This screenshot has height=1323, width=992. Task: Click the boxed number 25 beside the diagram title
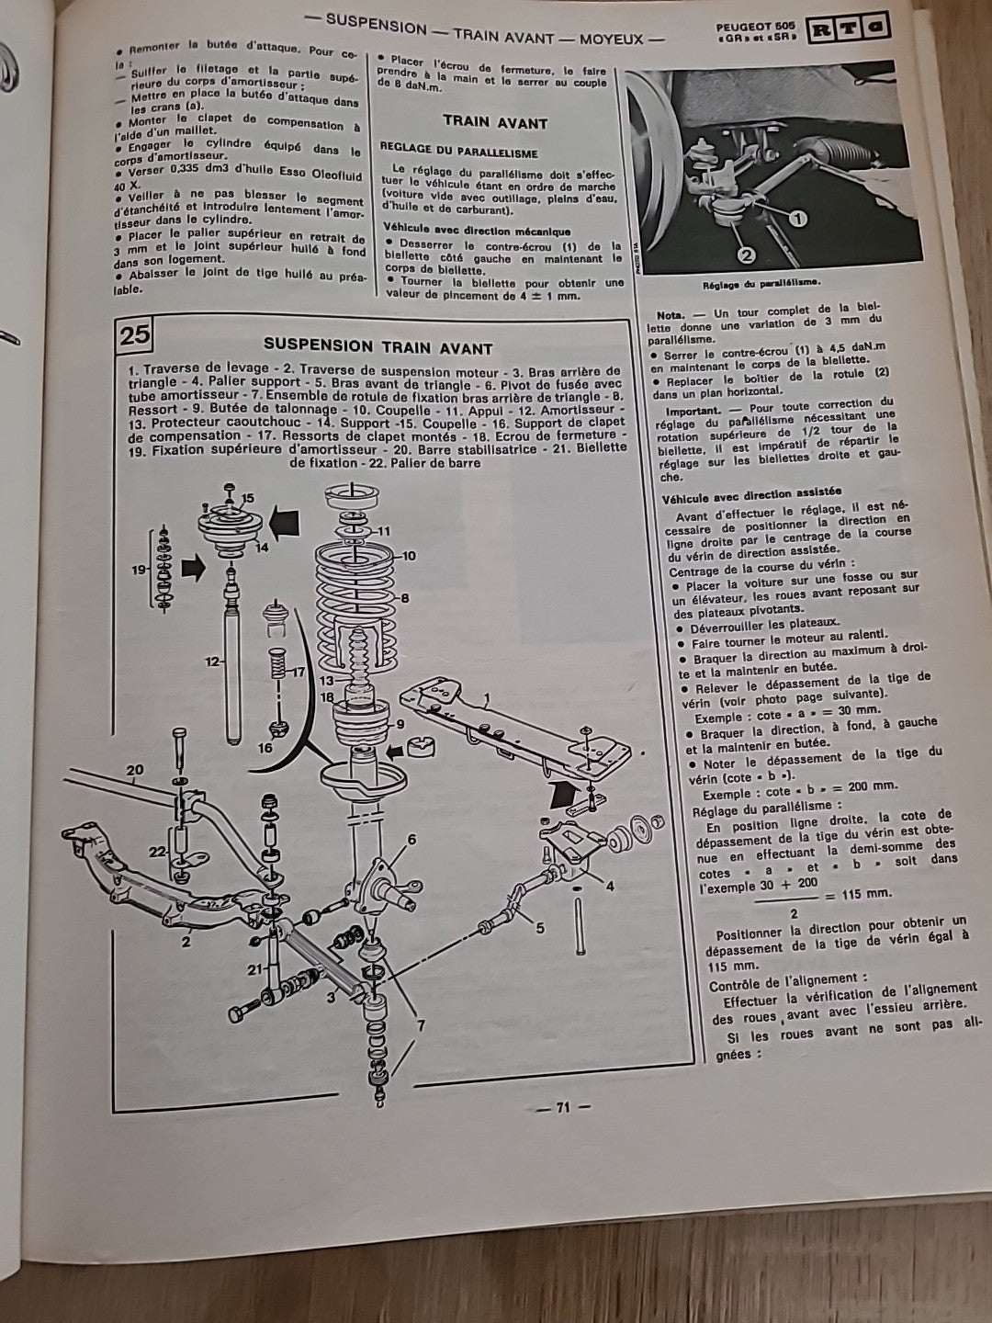point(134,335)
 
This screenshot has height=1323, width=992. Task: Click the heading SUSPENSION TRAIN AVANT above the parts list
point(378,347)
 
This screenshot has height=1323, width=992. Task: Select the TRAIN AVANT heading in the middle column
point(494,122)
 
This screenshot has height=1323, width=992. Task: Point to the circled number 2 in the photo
point(746,254)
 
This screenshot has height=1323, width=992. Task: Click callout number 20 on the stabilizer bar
point(135,769)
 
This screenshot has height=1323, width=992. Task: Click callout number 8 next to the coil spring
point(404,598)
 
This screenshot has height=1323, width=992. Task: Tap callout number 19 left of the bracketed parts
point(140,571)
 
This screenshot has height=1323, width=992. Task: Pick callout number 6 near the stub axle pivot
point(411,839)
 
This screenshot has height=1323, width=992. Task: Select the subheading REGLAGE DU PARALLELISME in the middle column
point(459,153)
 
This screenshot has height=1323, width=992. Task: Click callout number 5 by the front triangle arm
point(539,928)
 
